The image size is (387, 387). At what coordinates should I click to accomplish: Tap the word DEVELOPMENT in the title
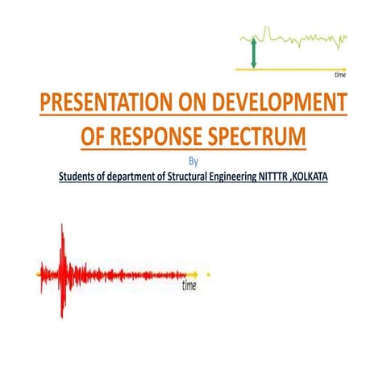pos(278,106)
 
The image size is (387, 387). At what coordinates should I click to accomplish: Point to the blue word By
pos(192,160)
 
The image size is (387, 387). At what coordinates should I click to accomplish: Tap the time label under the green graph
pos(340,74)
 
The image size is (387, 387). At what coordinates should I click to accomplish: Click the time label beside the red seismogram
pos(189,285)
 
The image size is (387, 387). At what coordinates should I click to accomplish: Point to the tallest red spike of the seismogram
pos(63,242)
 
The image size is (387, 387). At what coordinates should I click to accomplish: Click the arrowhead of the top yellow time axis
pos(345,68)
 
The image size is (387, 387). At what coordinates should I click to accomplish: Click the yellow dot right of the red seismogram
pos(209,275)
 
